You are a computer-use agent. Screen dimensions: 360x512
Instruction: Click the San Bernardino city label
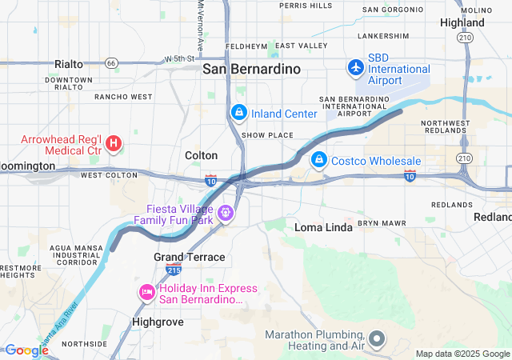(251, 69)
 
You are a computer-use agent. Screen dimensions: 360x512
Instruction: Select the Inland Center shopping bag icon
(238, 113)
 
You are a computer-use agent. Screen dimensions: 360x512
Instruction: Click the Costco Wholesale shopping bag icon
(319, 160)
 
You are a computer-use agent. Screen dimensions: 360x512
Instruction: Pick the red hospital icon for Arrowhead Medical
(114, 144)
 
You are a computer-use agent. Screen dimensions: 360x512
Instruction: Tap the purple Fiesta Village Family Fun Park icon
(226, 213)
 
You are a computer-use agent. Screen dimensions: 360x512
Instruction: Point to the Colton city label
(201, 155)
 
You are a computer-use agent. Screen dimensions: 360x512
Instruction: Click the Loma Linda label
(324, 227)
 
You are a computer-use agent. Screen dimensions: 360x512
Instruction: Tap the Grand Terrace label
(189, 257)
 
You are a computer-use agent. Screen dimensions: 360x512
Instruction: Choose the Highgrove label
(158, 322)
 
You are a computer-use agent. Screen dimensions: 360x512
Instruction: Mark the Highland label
(462, 22)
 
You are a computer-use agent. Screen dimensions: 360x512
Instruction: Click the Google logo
(26, 350)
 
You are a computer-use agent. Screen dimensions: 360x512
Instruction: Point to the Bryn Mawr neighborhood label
(378, 222)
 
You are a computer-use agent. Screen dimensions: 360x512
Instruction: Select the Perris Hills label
(306, 6)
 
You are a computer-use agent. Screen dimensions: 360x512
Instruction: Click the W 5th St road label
(179, 58)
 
